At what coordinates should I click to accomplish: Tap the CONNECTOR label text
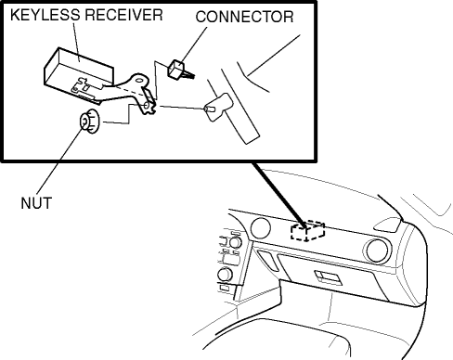244,17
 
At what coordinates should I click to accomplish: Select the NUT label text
36,203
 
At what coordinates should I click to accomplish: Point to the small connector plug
179,70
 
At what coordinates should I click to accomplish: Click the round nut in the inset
89,122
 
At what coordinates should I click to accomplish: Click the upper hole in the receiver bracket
139,81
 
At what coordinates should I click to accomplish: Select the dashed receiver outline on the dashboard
307,231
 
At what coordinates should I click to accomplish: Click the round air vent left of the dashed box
260,228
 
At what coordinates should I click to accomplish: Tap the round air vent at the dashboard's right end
377,251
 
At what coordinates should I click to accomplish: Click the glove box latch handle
328,277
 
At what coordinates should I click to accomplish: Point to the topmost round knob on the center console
235,242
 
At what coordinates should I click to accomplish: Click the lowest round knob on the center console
225,275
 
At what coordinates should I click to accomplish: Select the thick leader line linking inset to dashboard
278,195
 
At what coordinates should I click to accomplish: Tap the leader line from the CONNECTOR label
193,44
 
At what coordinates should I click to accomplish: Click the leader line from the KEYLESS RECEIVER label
76,42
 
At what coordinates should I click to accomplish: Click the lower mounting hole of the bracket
147,106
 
